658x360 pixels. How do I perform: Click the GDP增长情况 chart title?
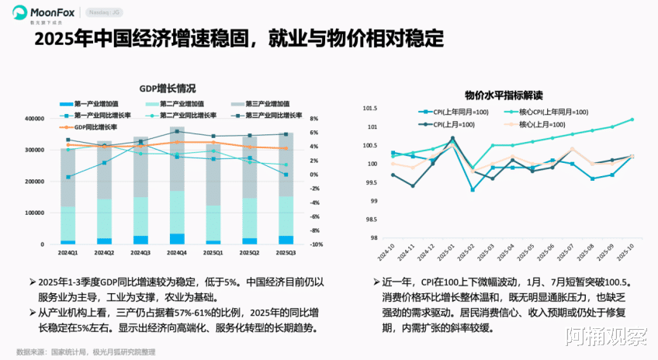point(167,88)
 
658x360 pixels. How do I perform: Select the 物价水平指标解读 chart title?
point(504,95)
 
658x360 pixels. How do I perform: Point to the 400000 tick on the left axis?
point(34,119)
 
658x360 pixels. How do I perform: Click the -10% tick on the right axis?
point(317,244)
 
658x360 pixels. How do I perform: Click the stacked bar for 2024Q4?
point(177,186)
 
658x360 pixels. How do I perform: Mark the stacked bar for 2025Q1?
point(213,194)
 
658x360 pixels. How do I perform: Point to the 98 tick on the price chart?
point(373,238)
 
